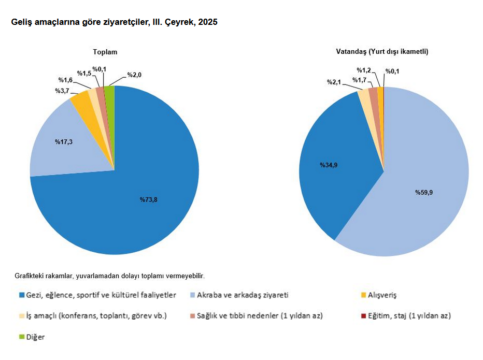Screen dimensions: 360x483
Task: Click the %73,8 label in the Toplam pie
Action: (x=148, y=199)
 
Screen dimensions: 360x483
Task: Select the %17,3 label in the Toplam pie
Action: (x=63, y=141)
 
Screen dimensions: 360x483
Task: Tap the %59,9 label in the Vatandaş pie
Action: (x=423, y=192)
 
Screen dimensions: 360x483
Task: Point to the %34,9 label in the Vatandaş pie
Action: (x=329, y=165)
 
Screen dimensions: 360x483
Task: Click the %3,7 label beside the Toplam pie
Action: (x=63, y=91)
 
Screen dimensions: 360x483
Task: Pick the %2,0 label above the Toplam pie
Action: (x=134, y=75)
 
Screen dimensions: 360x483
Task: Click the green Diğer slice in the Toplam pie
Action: (x=109, y=93)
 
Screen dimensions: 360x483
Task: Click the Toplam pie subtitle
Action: (x=105, y=52)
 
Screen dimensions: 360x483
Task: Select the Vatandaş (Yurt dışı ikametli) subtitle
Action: (x=382, y=52)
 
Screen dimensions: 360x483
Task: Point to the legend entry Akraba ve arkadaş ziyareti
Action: (x=243, y=295)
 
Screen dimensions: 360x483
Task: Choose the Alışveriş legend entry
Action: (x=381, y=295)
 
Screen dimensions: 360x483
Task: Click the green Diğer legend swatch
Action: (x=22, y=337)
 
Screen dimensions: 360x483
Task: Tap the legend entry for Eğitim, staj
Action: (x=408, y=315)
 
